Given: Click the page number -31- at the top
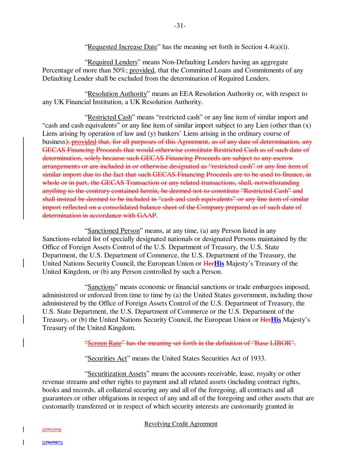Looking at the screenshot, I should pyautogui.click(x=180, y=26).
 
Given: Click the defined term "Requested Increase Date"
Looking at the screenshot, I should pyautogui.click(x=123, y=47).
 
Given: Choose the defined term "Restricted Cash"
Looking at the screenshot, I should pyautogui.click(x=110, y=117).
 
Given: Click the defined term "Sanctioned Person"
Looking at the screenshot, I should pyautogui.click(x=114, y=231).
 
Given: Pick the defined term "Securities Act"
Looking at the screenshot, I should pyautogui.click(x=107, y=358).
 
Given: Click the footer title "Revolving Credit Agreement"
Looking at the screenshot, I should pyautogui.click(x=181, y=424).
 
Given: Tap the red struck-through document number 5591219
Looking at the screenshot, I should pyautogui.click(x=52, y=429).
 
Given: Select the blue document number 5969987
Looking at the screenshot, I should pyautogui.click(x=52, y=442).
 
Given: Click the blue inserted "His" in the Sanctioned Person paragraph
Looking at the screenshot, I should pyautogui.click(x=219, y=264).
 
